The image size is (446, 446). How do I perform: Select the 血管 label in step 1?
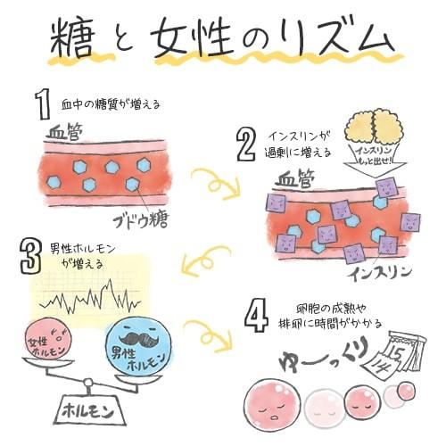61,131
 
